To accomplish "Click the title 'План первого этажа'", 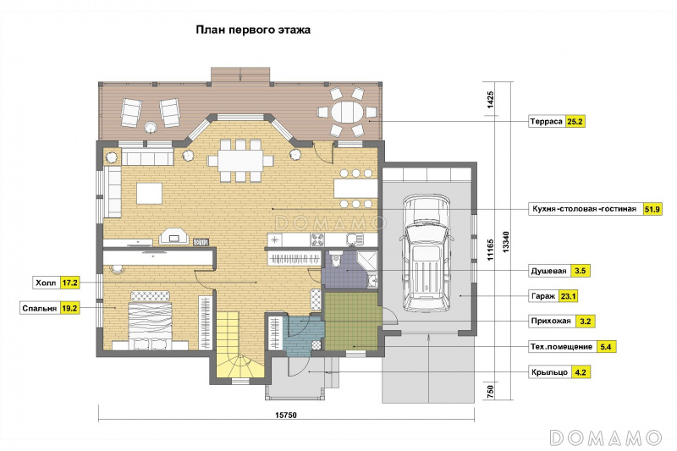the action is (x=253, y=30).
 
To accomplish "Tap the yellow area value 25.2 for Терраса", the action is (x=575, y=122).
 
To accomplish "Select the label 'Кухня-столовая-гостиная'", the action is (x=584, y=209).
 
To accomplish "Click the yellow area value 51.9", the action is (x=652, y=209).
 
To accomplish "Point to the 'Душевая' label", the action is (x=548, y=271).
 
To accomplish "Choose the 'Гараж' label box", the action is (x=543, y=296).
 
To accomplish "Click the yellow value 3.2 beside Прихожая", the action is (x=585, y=322).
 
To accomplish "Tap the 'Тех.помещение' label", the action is (x=561, y=347).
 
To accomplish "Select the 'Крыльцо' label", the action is (x=549, y=372).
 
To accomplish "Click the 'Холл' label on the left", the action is (x=47, y=283).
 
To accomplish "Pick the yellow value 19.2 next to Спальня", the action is (x=69, y=309).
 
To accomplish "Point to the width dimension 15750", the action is (x=286, y=415).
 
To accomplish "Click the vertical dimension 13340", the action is (x=505, y=242).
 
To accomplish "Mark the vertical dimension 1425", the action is (x=491, y=99).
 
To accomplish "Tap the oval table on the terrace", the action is (x=348, y=113).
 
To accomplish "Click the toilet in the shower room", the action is (x=335, y=261).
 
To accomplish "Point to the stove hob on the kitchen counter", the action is (x=317, y=239).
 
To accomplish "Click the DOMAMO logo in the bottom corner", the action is (x=606, y=437).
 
